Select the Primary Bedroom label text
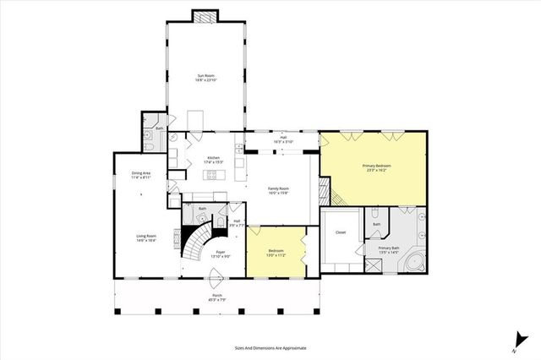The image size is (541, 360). [x=375, y=166]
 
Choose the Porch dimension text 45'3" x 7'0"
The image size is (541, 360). [x=218, y=300]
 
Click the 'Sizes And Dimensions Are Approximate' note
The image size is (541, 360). [x=270, y=347]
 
